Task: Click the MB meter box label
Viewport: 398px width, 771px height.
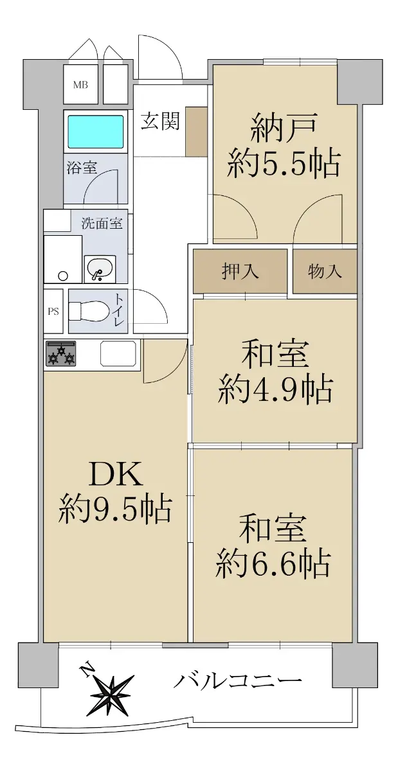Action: click(x=80, y=84)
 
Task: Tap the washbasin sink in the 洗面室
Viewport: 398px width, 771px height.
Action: click(x=100, y=268)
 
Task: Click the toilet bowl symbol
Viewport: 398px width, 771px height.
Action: click(x=89, y=311)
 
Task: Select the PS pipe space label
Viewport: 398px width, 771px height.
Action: click(x=53, y=311)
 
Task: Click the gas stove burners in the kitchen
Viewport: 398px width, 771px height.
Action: click(x=61, y=353)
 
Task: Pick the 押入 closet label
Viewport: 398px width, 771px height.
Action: click(x=240, y=270)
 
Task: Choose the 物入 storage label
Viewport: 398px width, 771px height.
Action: click(x=324, y=270)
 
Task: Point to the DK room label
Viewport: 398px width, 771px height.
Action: click(x=116, y=474)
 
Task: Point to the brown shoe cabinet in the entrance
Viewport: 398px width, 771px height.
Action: click(x=197, y=132)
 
